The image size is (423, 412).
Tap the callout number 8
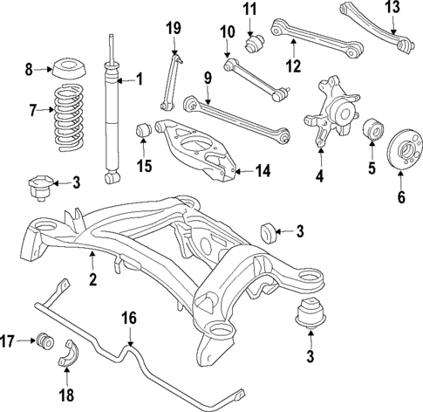tap(29, 67)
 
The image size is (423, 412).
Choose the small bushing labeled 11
tap(256, 40)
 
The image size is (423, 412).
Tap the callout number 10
tap(228, 33)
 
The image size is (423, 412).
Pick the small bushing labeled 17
tap(45, 339)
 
